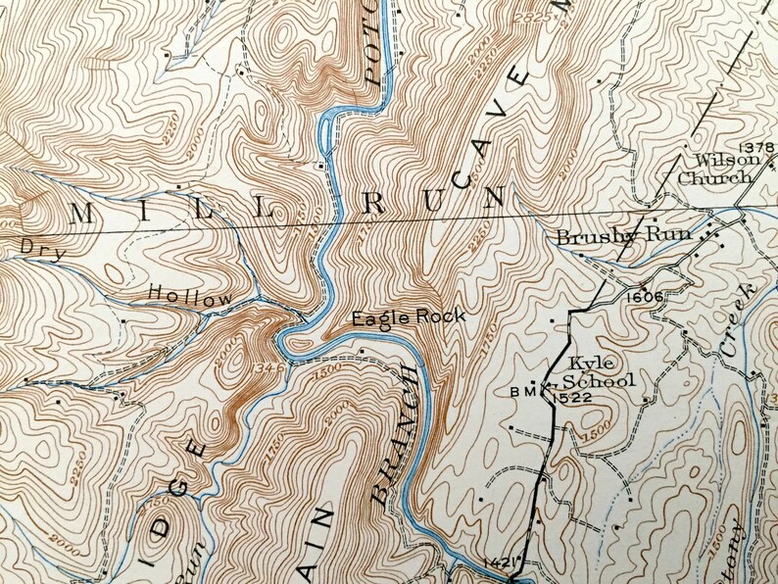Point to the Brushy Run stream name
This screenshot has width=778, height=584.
tap(623, 236)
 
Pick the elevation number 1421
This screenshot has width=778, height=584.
tap(500, 563)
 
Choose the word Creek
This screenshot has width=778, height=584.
tap(734, 322)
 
